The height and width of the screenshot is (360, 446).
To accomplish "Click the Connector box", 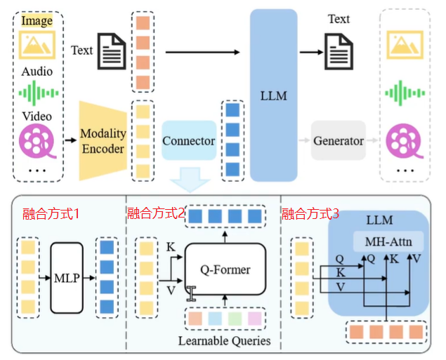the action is (x=189, y=140).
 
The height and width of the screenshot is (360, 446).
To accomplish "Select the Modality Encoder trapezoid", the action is (x=103, y=140).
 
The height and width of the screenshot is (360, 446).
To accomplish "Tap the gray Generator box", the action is (x=339, y=140).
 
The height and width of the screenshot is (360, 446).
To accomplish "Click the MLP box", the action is (x=67, y=278).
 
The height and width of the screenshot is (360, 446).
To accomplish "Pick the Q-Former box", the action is (x=225, y=269).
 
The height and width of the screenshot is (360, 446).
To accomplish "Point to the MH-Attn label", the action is (x=388, y=241).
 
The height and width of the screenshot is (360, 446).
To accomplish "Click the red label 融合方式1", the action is (x=51, y=213).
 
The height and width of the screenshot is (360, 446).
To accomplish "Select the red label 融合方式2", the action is (x=156, y=213).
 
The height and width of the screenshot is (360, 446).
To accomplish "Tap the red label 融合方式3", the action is (x=310, y=213).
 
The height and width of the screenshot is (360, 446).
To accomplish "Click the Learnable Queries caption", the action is (x=225, y=340).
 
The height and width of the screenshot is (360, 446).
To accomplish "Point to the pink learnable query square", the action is (x=254, y=319).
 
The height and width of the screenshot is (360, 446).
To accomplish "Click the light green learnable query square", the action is (x=235, y=319).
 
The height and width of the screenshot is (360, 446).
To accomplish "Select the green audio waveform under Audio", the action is (x=39, y=93).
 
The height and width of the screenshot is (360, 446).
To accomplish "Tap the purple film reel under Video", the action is (x=37, y=141).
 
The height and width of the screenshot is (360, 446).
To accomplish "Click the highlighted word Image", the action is (x=37, y=20).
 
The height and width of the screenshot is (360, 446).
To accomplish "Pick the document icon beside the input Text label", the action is (x=112, y=51).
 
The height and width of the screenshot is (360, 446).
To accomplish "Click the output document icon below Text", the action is (x=339, y=51).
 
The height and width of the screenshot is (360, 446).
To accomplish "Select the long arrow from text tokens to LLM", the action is (x=203, y=53).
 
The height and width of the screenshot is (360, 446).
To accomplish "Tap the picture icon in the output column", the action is (x=405, y=45).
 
